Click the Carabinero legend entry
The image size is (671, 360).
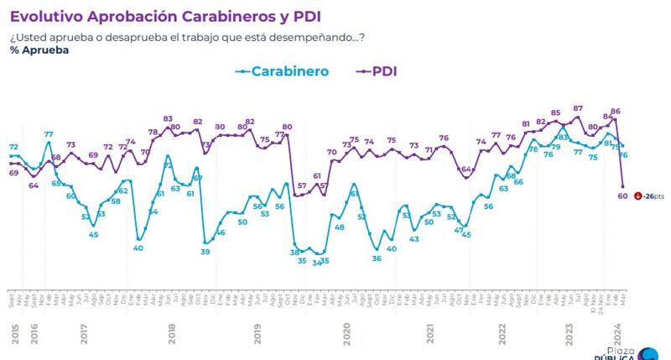pos(282,72)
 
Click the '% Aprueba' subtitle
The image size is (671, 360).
pos(39,50)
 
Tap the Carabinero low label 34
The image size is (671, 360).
pos(316,263)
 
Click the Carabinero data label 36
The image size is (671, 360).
pos(377,258)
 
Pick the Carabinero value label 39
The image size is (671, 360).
pos(205,252)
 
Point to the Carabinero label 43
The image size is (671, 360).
pos(414,239)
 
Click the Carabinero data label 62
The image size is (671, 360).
pos(123,190)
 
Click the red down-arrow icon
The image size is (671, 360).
pos(638,196)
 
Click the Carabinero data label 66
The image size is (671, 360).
pos(518,182)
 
